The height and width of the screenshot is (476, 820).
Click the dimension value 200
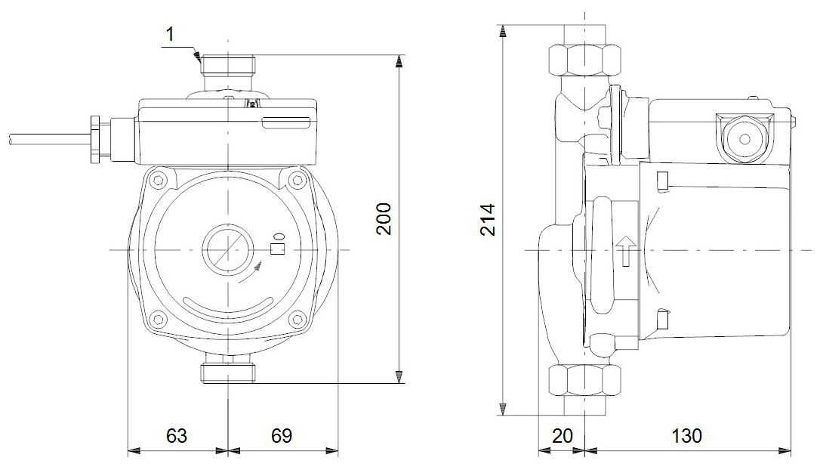point(384,218)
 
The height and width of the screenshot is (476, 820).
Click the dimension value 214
point(488,219)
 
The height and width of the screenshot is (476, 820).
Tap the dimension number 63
point(176,436)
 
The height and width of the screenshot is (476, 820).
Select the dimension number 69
point(282,436)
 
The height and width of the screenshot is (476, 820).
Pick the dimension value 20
point(563,436)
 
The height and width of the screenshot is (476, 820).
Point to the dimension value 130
point(686,436)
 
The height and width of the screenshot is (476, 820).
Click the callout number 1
point(170,35)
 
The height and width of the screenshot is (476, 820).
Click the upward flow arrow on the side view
point(627,251)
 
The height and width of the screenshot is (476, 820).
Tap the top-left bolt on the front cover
point(159,181)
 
